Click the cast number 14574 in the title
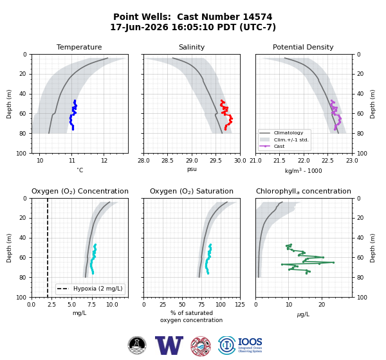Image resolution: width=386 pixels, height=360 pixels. point(257,17)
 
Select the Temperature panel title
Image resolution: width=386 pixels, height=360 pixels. point(79,47)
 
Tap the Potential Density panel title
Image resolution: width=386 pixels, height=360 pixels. point(303,47)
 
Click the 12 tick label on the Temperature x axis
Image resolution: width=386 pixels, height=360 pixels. point(104,161)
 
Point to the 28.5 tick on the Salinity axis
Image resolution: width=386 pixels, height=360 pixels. point(167,161)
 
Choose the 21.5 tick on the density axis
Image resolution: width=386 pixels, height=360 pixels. point(279,161)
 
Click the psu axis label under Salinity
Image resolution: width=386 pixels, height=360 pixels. point(192,169)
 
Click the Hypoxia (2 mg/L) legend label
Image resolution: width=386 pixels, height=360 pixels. point(98,289)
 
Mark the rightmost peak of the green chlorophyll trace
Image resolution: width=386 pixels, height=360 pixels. point(333,262)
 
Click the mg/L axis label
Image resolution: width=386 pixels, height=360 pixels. point(79,313)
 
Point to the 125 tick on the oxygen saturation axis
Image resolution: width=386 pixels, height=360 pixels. point(240,305)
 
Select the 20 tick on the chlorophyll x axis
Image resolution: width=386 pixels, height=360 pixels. point(322,305)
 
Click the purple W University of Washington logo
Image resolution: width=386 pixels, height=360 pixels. point(169,345)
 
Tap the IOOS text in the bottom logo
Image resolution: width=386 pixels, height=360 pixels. point(250,342)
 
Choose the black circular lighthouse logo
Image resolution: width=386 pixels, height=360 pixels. point(137,345)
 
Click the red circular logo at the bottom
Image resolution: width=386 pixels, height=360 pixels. point(201,346)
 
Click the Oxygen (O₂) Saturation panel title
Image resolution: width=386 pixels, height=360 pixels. point(192,191)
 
